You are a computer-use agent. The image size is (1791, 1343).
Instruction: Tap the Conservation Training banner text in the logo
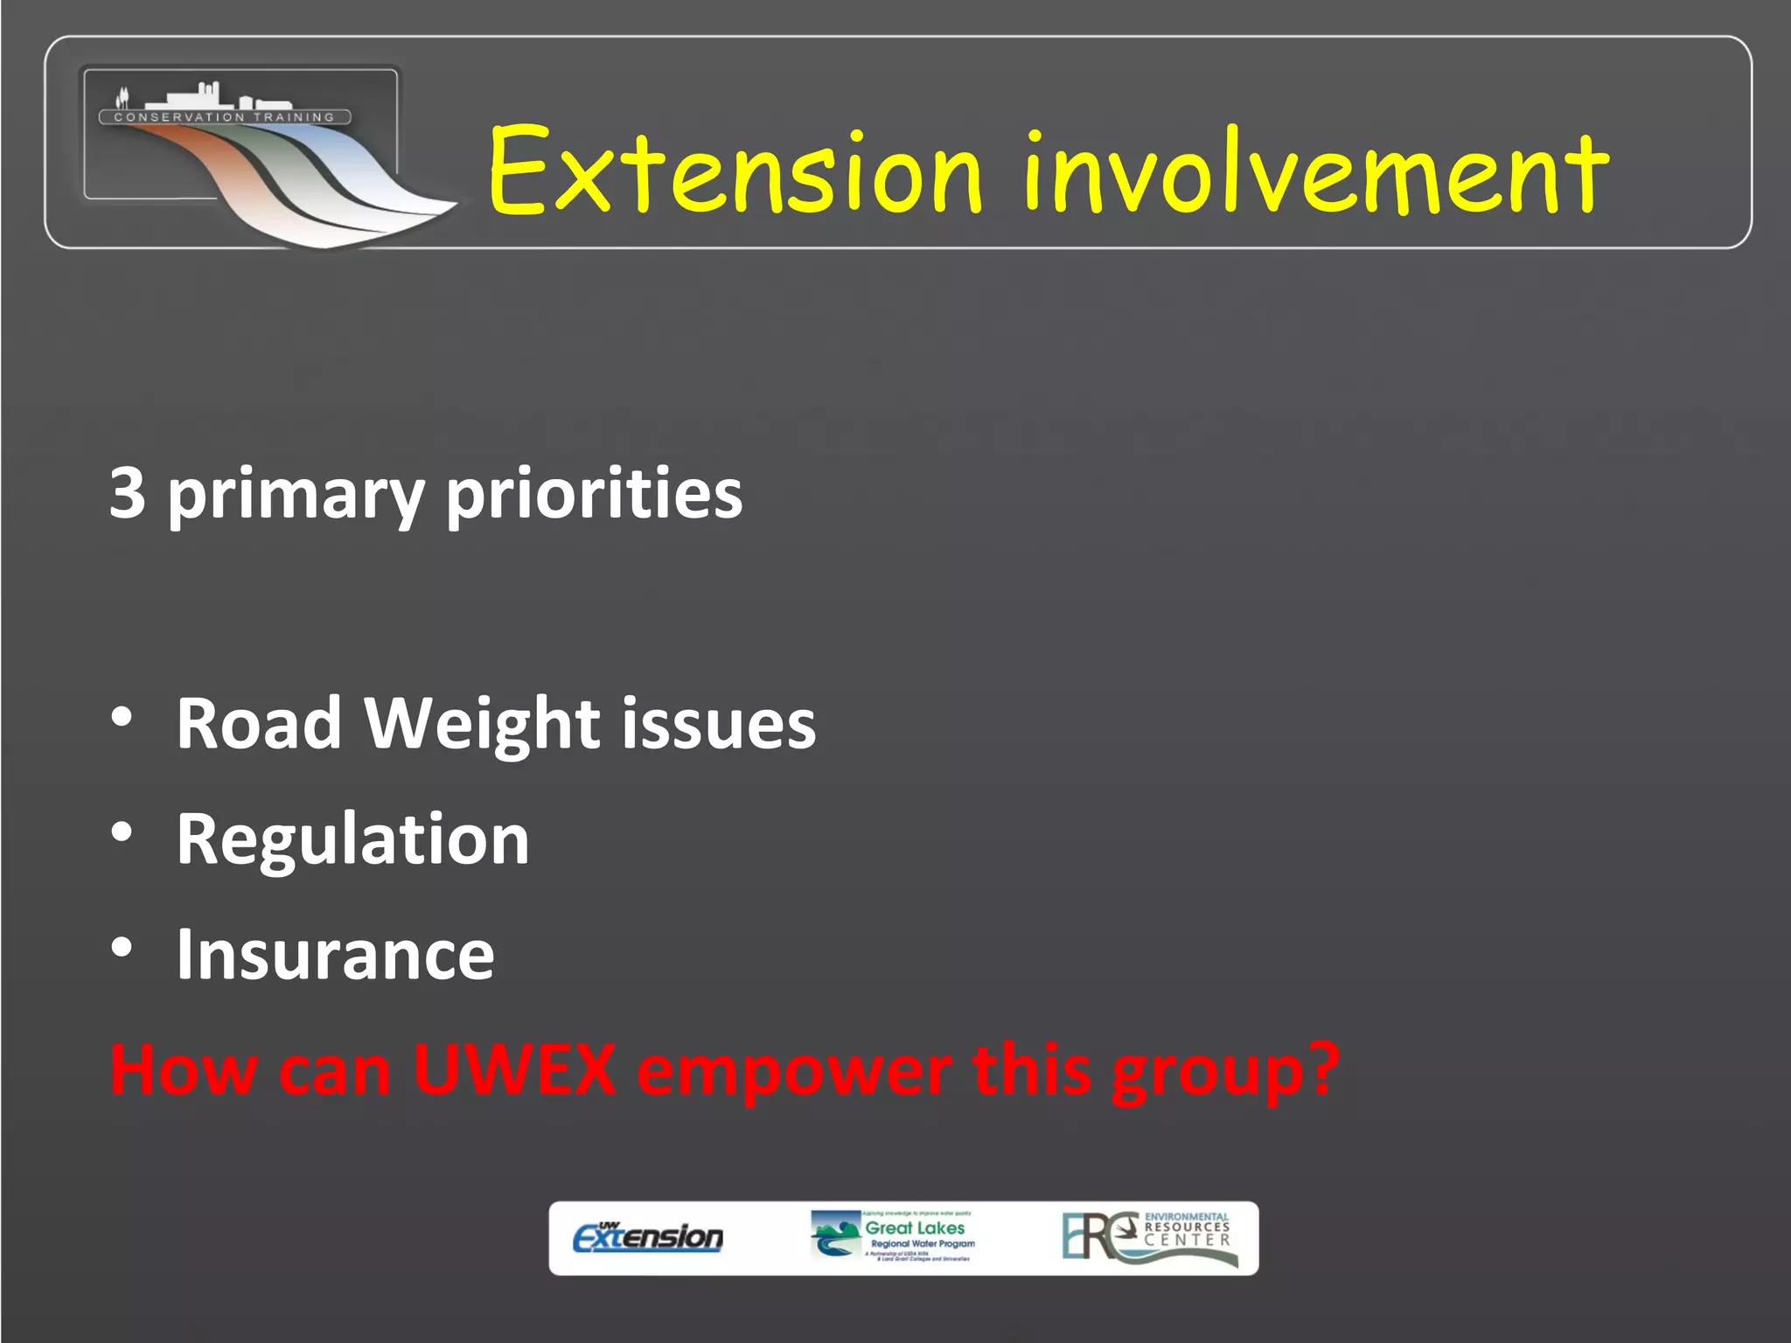point(225,117)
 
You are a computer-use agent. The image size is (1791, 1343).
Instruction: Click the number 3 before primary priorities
point(128,493)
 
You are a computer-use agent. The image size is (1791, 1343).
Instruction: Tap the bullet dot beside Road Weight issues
point(122,717)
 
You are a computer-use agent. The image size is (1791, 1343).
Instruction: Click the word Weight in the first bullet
point(482,724)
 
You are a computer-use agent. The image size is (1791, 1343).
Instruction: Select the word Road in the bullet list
point(259,724)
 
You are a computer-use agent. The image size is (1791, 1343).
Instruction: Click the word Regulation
point(352,839)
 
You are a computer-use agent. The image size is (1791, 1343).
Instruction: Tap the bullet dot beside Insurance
point(122,947)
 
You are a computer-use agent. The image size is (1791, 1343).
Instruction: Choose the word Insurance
point(335,954)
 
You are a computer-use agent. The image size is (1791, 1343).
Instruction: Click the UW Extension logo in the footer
point(647,1237)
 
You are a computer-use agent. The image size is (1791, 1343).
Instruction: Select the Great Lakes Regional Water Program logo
point(892,1236)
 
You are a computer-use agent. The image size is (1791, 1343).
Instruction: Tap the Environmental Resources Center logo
point(1149,1237)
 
